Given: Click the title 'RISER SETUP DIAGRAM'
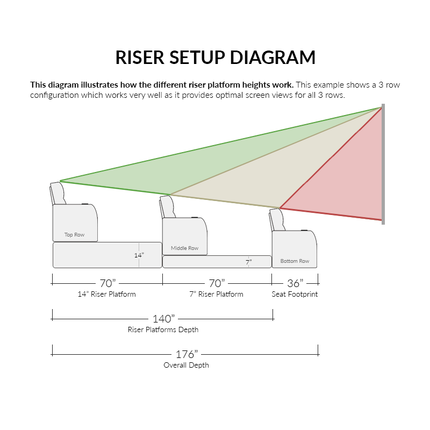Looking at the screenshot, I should click(x=215, y=58).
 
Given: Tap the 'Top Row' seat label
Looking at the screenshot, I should click(x=75, y=235).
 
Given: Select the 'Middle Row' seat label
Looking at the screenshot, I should click(x=184, y=248).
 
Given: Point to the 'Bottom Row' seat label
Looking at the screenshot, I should click(x=295, y=261).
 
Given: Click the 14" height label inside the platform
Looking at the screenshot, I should click(x=139, y=255).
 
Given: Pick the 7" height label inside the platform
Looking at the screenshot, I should click(x=248, y=262).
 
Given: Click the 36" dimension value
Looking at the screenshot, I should click(x=295, y=283).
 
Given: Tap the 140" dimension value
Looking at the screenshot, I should click(x=163, y=319).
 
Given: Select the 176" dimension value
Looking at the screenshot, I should click(x=187, y=354).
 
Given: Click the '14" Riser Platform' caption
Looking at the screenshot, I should click(x=107, y=295).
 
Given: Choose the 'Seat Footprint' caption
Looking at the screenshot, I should click(x=295, y=295).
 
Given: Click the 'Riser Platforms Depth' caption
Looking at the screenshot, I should click(x=163, y=329).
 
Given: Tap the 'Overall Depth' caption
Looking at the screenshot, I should click(x=186, y=365).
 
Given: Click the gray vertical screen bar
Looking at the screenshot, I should click(x=383, y=164).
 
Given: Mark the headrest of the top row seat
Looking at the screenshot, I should click(x=58, y=193).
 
